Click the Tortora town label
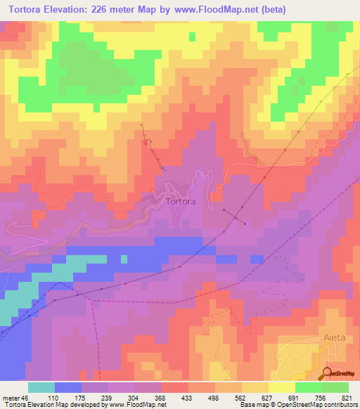[181, 201]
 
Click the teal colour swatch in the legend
[41, 387]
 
